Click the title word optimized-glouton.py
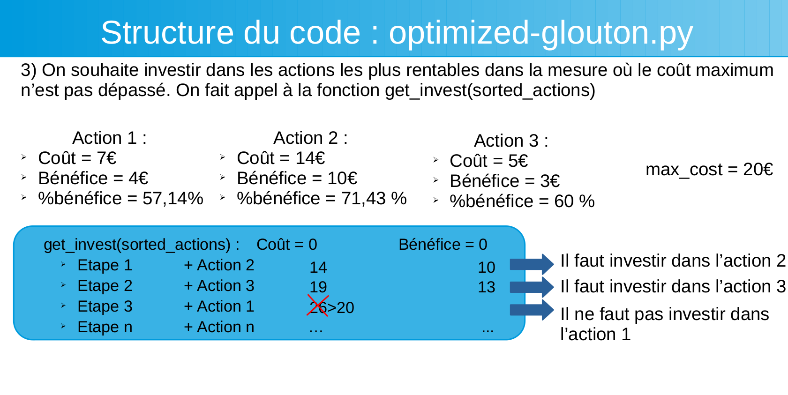click(540, 33)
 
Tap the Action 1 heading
click(109, 138)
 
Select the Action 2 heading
click(311, 138)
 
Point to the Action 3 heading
click(511, 141)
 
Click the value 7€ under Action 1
click(106, 158)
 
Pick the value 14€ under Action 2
click(310, 158)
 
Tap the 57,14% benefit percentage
click(173, 198)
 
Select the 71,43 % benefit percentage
click(374, 198)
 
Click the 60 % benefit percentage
click(574, 201)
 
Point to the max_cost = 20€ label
click(709, 170)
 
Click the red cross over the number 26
click(318, 306)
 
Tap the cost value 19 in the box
click(318, 287)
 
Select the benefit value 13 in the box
click(487, 287)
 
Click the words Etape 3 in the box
click(105, 306)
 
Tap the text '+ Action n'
click(219, 327)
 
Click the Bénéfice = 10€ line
click(297, 179)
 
